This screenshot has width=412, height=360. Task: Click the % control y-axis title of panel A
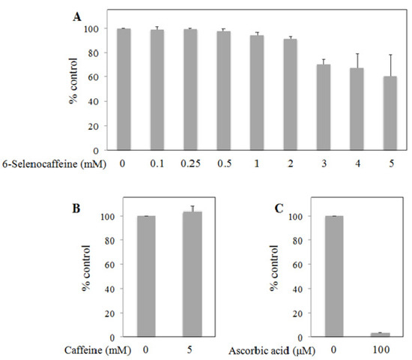point(75,88)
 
